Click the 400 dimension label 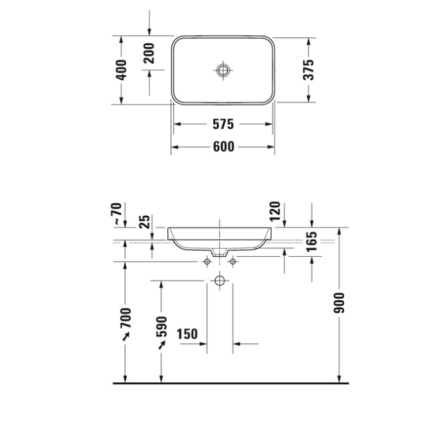[x=121, y=69]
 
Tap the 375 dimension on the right [x=309, y=69]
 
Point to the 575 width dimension [x=223, y=124]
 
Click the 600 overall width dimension [x=223, y=147]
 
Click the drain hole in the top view [x=223, y=70]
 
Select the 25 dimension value [x=145, y=222]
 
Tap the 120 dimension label [x=277, y=214]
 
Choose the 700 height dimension [x=126, y=318]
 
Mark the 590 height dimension [x=162, y=326]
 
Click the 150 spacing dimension [x=187, y=334]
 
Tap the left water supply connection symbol [x=207, y=262]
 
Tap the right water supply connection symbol [x=233, y=262]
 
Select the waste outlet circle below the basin [x=219, y=281]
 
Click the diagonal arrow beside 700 [x=126, y=337]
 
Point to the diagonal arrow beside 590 [x=162, y=344]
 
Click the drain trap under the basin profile [x=219, y=252]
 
